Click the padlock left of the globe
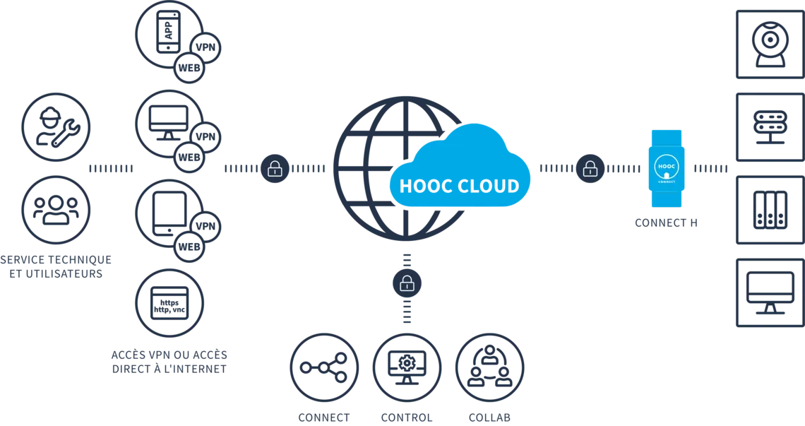coord(275,170)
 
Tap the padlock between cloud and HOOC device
coord(590,170)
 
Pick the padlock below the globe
coord(406,283)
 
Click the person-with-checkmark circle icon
coord(54,126)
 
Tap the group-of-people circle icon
coord(54,210)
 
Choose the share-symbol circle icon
coord(323,367)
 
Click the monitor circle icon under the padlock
coord(407,367)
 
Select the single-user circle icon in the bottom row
coord(489,367)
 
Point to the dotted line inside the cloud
coord(459,189)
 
